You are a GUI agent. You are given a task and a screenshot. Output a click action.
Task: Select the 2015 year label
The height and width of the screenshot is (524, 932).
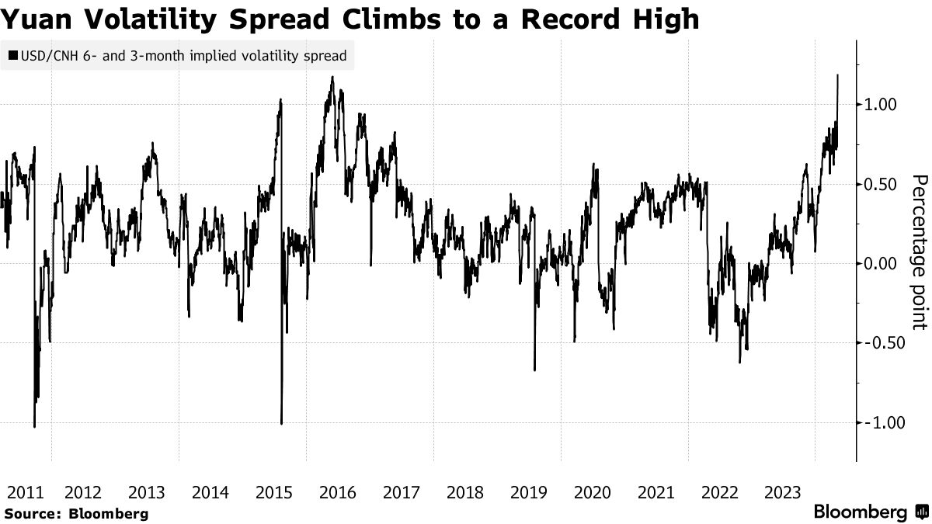[x=273, y=492]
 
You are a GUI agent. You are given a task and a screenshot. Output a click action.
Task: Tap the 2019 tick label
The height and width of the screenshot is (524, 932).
[x=528, y=492]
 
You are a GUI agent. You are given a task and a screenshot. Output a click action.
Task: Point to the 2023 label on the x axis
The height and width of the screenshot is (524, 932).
[x=783, y=492]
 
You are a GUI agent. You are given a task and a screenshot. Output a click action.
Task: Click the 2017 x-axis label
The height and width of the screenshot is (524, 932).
[x=401, y=492]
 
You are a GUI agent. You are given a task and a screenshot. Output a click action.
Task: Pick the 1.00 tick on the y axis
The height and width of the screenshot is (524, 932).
[x=881, y=105]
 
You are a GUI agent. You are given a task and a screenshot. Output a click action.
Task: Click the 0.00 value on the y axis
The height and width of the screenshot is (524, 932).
[x=881, y=264]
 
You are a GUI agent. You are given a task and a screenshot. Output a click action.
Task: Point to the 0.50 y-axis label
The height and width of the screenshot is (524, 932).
[x=881, y=184]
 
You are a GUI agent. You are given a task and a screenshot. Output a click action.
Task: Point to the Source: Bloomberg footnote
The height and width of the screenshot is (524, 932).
[x=75, y=514]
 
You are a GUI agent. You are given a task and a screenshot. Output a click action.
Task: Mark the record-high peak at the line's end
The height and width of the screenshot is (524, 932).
[x=838, y=75]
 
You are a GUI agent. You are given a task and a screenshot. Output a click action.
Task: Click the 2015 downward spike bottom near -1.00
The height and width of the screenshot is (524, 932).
[x=281, y=423]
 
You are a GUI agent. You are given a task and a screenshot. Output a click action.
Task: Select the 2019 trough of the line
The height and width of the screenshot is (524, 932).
[x=534, y=370]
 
